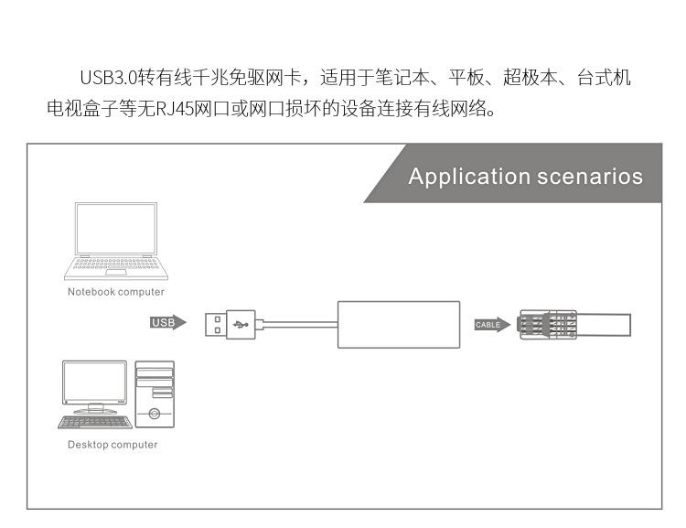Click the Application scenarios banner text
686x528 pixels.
pos(525,177)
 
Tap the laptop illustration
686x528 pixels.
pos(115,240)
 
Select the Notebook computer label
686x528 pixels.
pos(116,292)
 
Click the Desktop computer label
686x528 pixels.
pos(113,445)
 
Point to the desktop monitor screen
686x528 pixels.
pos(95,384)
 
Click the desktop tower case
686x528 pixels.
pos(155,394)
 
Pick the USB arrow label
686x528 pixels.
pos(166,323)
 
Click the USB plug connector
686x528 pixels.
pos(229,324)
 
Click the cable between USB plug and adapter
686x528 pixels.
pos(298,324)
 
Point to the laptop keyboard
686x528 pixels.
pos(114,265)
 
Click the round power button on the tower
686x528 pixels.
pos(155,415)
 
